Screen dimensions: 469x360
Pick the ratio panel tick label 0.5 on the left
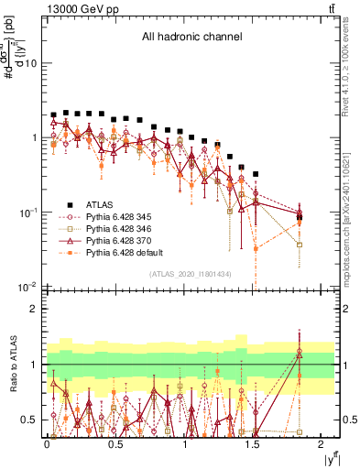(30, 420)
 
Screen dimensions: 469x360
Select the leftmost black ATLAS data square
(54, 115)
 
